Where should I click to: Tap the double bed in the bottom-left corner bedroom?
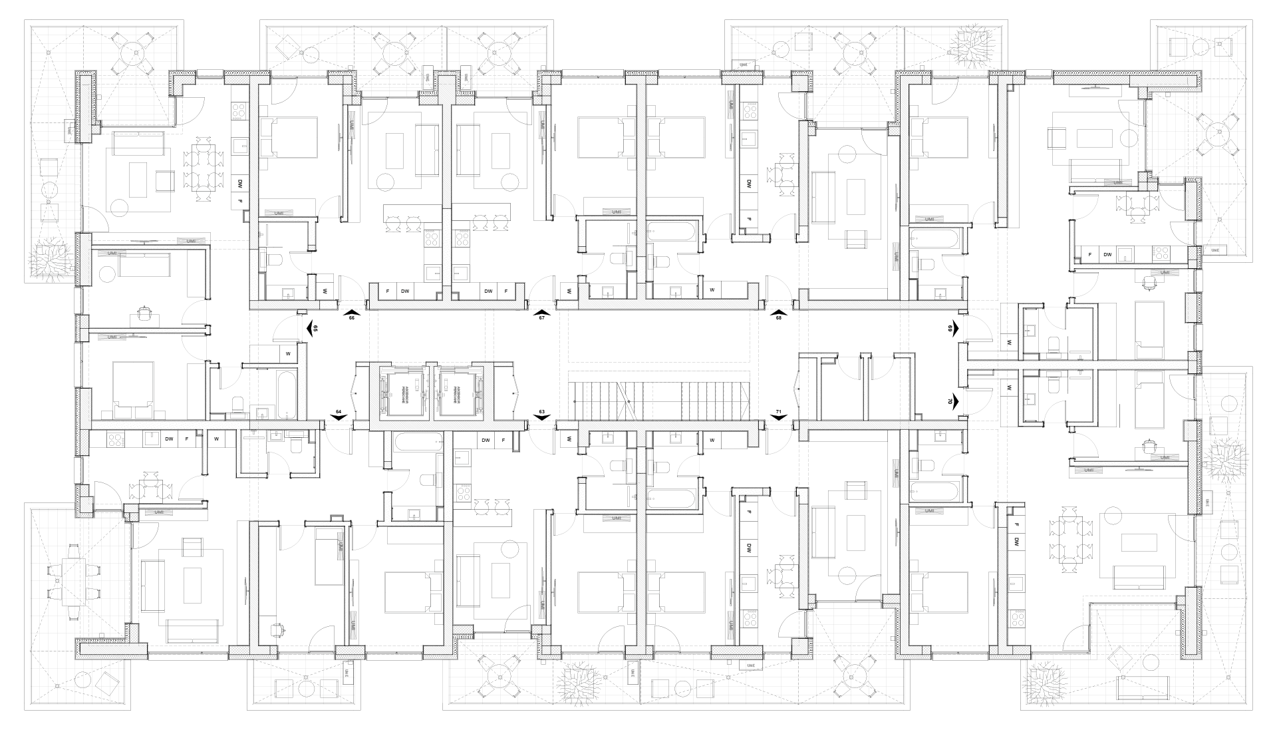point(183,584)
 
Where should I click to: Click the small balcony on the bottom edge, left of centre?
point(303,682)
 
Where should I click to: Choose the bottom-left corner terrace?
point(76,606)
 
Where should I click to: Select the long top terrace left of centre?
point(406,50)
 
